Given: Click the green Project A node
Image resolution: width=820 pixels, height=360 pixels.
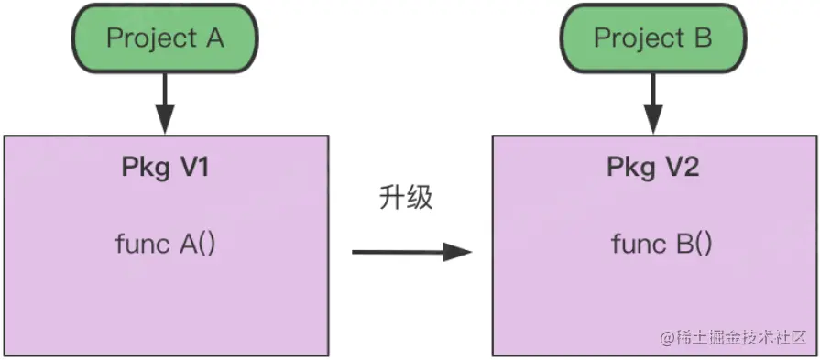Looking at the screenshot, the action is [165, 38].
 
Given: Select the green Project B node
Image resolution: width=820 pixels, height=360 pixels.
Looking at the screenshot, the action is [652, 38].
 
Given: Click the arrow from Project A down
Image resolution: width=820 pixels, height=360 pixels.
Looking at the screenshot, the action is [165, 101].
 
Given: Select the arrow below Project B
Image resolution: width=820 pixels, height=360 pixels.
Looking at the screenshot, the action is [652, 101].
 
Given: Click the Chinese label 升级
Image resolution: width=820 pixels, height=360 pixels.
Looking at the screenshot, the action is [404, 198].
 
